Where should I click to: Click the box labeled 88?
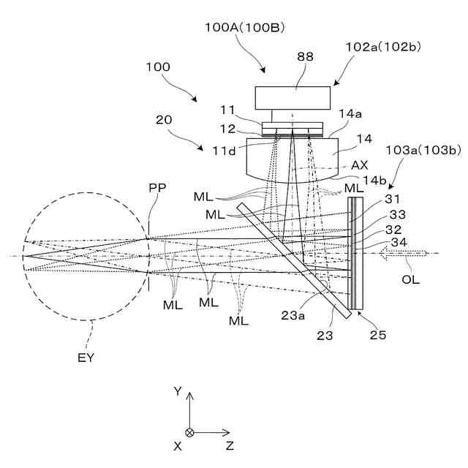[295, 98]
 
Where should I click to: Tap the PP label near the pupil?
[157, 188]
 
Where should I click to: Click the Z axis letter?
[230, 445]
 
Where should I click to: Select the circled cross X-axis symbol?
[189, 432]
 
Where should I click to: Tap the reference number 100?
[157, 67]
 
